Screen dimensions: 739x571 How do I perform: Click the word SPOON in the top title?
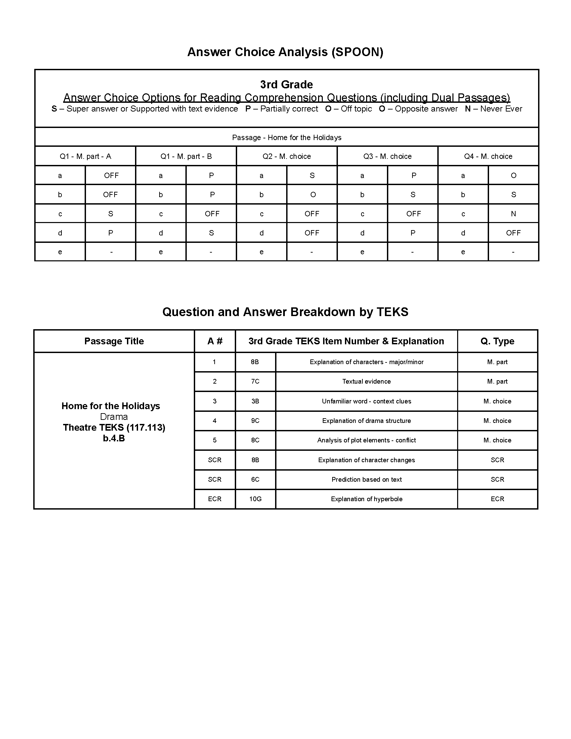pyautogui.click(x=358, y=52)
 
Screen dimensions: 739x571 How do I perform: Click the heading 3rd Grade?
pyautogui.click(x=286, y=84)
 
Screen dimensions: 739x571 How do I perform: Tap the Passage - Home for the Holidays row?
pyautogui.click(x=286, y=137)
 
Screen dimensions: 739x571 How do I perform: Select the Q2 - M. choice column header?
pyautogui.click(x=286, y=156)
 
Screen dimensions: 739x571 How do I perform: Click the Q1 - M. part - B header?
pyautogui.click(x=186, y=156)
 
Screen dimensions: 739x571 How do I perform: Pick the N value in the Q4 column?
pyautogui.click(x=513, y=214)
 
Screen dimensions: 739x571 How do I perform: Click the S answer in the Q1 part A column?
pyautogui.click(x=110, y=214)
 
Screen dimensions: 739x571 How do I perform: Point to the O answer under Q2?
pyautogui.click(x=313, y=194)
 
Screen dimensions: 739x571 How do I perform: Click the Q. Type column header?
pyautogui.click(x=497, y=341)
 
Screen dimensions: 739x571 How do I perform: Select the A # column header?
pyautogui.click(x=215, y=341)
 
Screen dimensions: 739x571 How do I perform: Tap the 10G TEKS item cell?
pyautogui.click(x=255, y=499)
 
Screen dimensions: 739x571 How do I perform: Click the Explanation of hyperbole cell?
pyautogui.click(x=366, y=499)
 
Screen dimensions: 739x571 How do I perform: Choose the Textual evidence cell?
pyautogui.click(x=366, y=381)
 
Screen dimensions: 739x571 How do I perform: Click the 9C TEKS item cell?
pyautogui.click(x=255, y=421)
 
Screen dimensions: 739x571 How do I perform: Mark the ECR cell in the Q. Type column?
pyautogui.click(x=497, y=499)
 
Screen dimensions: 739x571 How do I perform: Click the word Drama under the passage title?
pyautogui.click(x=114, y=417)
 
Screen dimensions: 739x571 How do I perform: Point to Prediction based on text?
pyautogui.click(x=366, y=479)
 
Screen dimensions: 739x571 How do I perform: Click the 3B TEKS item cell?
pyautogui.click(x=255, y=401)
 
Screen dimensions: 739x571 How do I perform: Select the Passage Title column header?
pyautogui.click(x=114, y=341)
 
